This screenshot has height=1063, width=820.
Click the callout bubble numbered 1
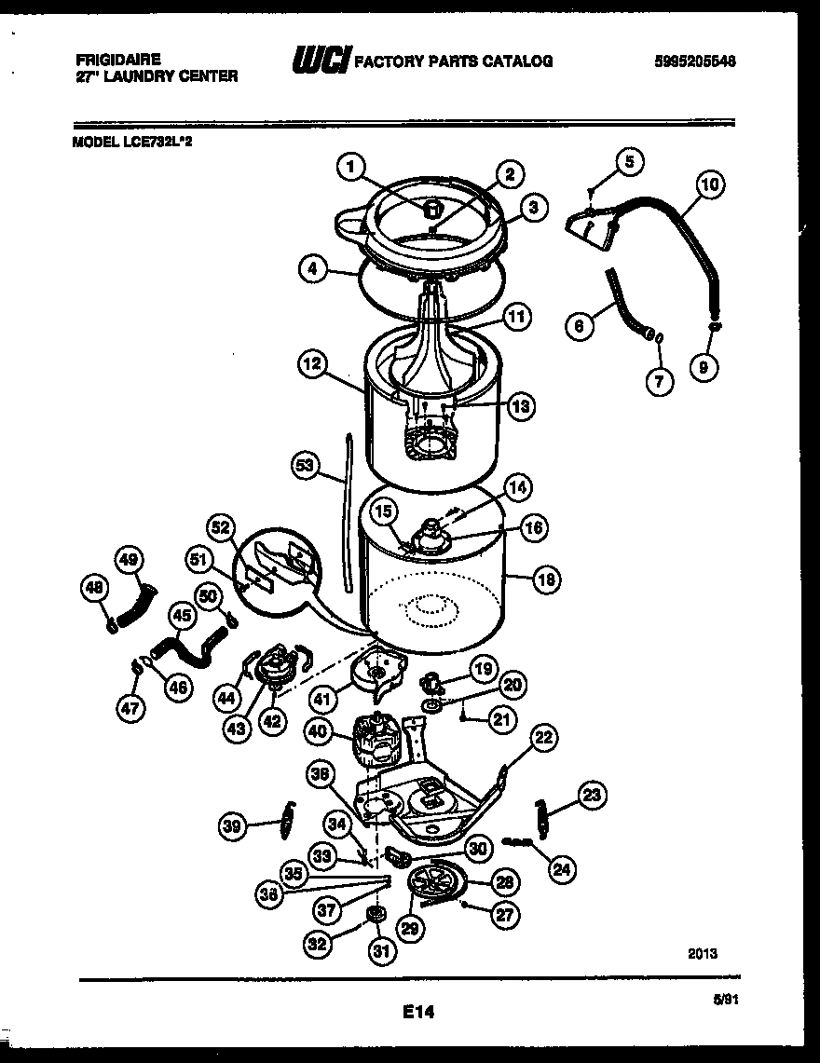349,168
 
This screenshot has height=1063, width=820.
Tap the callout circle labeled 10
709,185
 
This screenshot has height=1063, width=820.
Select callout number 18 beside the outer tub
546,579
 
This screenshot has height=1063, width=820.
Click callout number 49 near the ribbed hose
129,559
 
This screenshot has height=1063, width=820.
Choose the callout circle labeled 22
543,738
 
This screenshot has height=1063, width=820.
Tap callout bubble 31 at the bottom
383,951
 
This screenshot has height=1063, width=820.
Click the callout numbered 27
504,915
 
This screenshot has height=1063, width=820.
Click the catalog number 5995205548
694,61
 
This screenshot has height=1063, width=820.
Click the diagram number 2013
703,953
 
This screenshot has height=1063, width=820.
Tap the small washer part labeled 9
714,328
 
